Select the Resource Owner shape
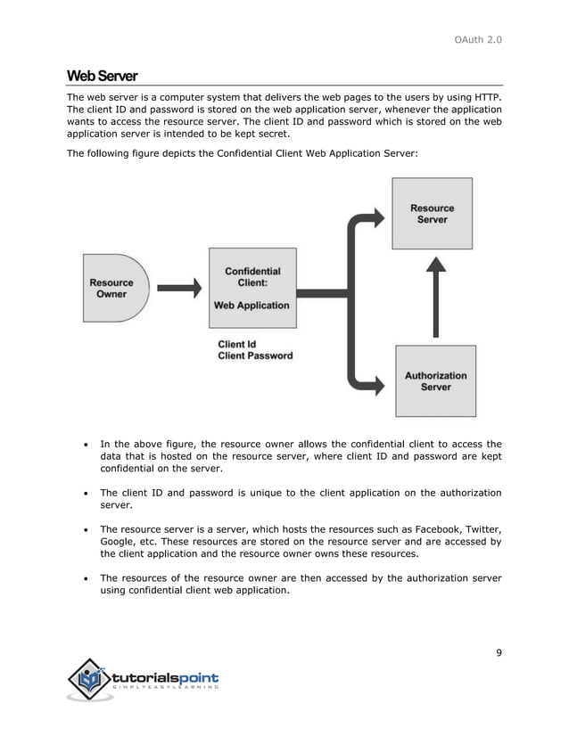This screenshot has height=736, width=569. pyautogui.click(x=111, y=288)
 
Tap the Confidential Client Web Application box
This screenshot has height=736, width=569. pyautogui.click(x=252, y=288)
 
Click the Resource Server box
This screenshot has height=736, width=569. pyautogui.click(x=432, y=214)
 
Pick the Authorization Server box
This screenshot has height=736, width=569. pyautogui.click(x=435, y=381)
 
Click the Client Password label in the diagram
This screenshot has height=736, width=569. pyautogui.click(x=255, y=356)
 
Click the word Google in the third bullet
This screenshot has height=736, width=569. pyautogui.click(x=117, y=540)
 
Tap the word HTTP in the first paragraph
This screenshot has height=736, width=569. pyautogui.click(x=486, y=97)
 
